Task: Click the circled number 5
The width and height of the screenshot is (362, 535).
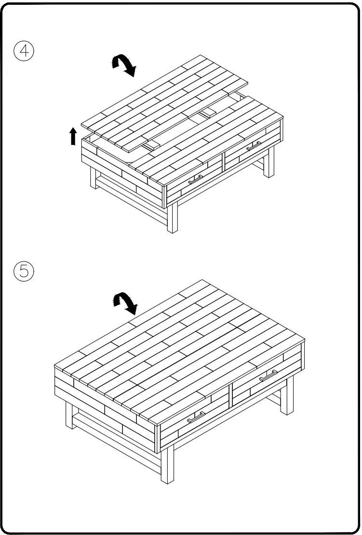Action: [x=24, y=272]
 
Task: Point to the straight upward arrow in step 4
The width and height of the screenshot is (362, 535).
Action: [x=73, y=136]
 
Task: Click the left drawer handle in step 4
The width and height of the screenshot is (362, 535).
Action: [x=195, y=180]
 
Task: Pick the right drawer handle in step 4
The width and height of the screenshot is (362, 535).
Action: [x=254, y=146]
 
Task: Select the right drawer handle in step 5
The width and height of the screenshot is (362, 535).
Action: [x=268, y=376]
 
